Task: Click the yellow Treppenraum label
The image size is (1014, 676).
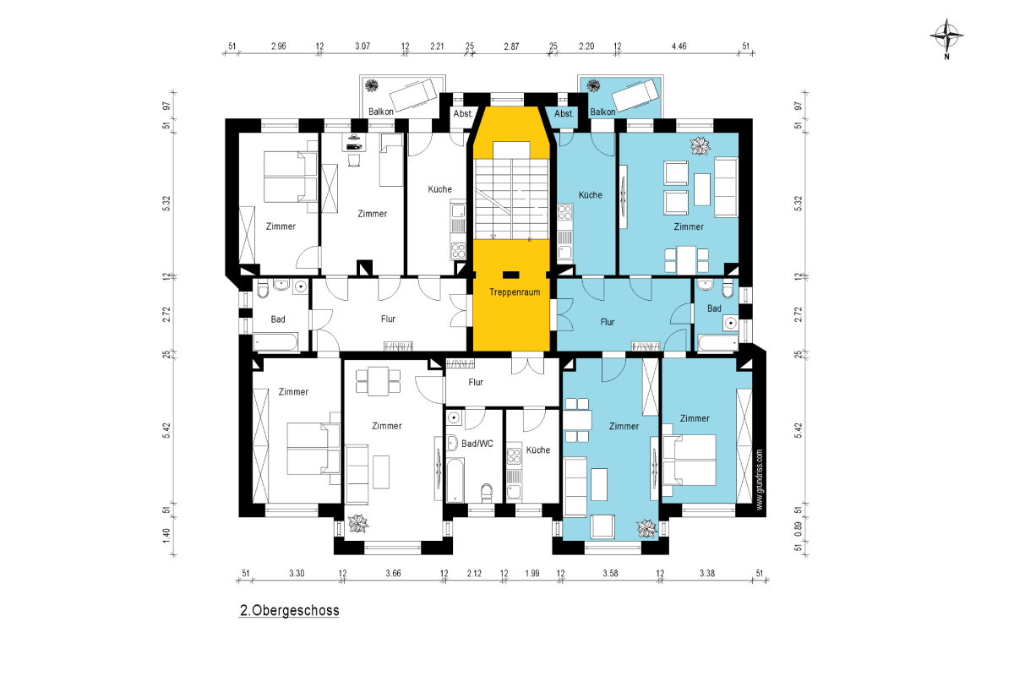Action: [515, 292]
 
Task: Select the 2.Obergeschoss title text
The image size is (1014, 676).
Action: [289, 610]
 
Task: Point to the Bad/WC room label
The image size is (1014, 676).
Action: [477, 444]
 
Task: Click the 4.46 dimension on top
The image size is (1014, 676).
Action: [679, 46]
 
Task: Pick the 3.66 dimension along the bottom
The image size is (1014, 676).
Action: [393, 573]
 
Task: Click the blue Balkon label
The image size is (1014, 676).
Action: [602, 112]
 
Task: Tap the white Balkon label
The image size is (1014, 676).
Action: [381, 112]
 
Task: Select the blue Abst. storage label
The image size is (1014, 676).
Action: [564, 113]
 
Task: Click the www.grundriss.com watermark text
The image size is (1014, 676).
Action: [759, 479]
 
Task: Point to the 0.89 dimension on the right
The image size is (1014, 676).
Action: [798, 528]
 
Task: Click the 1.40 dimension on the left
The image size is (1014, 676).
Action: [166, 535]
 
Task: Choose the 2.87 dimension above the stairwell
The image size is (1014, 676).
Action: [511, 46]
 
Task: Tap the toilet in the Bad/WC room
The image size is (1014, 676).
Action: [487, 493]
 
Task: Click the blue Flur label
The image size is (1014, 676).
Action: [608, 322]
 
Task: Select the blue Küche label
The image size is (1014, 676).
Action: [591, 194]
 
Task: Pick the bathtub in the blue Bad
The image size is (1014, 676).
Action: [718, 343]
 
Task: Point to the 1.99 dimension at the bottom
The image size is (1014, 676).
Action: [532, 573]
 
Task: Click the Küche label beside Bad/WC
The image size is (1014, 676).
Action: [538, 450]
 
